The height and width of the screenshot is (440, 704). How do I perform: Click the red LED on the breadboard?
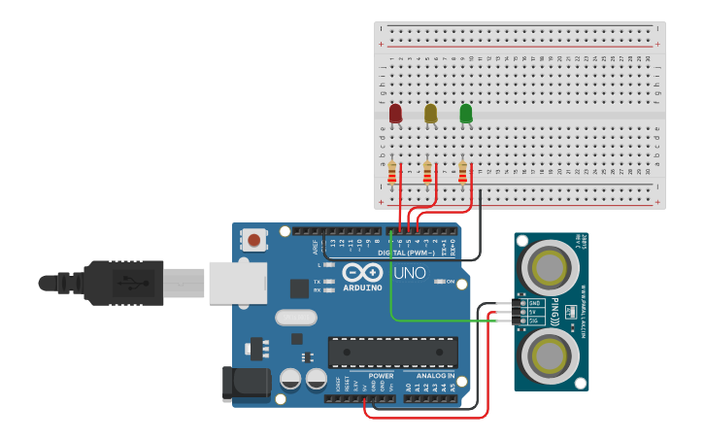395,114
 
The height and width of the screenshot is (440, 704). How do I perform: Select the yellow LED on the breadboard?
430,114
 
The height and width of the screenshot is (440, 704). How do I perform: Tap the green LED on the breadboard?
466,114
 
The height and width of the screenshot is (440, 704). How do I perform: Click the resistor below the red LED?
392,173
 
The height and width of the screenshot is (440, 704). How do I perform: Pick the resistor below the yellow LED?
427,173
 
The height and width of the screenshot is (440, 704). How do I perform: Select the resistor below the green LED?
462,173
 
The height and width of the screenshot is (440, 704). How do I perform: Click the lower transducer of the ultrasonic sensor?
551,356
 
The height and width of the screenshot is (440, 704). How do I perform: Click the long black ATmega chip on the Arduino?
392,352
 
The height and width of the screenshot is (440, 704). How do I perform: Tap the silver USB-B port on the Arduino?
236,282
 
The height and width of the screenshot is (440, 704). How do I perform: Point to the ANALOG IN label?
434,375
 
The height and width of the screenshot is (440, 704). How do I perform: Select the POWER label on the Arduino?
381,375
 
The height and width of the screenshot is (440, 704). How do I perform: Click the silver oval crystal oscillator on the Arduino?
295,317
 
